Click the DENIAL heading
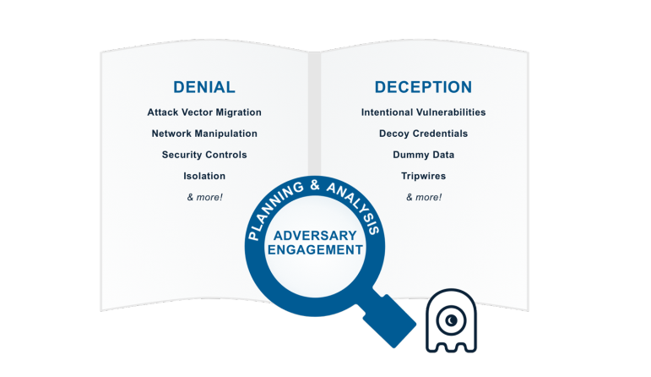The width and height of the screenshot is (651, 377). click(203, 87)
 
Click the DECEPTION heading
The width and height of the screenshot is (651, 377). click(423, 87)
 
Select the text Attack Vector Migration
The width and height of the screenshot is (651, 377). click(203, 112)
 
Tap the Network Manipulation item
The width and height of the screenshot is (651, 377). click(204, 134)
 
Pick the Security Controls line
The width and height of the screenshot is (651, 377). click(204, 155)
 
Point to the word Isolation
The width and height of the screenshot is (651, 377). click(204, 176)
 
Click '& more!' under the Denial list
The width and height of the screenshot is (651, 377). click(204, 197)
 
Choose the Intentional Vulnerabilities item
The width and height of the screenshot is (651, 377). click(423, 112)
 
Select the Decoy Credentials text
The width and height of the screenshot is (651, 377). click(423, 134)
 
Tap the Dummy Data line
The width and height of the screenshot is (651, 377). click(423, 155)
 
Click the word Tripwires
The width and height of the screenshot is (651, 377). click(423, 176)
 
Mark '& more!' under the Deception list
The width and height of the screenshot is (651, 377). click(423, 197)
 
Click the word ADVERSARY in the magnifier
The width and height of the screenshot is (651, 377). click(314, 234)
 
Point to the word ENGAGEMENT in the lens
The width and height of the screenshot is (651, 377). click(314, 250)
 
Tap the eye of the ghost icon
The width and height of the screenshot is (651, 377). click(452, 319)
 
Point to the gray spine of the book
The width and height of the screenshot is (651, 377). click(314, 110)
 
